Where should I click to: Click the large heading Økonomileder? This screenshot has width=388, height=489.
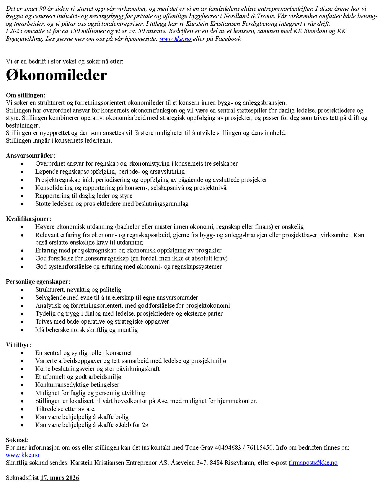[56, 76]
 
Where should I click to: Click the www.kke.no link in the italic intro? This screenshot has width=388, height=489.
[175, 39]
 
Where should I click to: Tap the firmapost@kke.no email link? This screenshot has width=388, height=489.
[313, 463]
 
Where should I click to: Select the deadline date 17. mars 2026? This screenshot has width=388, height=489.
[60, 478]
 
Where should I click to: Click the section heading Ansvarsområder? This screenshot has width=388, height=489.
[30, 156]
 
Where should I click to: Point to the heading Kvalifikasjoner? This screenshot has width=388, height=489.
[29, 219]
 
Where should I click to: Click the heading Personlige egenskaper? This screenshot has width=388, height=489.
[38, 282]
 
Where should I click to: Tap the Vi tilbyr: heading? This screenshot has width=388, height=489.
[19, 345]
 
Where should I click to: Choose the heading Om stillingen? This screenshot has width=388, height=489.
[26, 95]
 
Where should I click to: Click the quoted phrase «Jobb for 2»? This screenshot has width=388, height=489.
[132, 425]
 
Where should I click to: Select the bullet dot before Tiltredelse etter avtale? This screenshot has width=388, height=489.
[22, 409]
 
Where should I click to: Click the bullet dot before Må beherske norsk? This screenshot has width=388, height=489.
[22, 330]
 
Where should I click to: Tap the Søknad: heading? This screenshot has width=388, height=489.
[17, 440]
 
